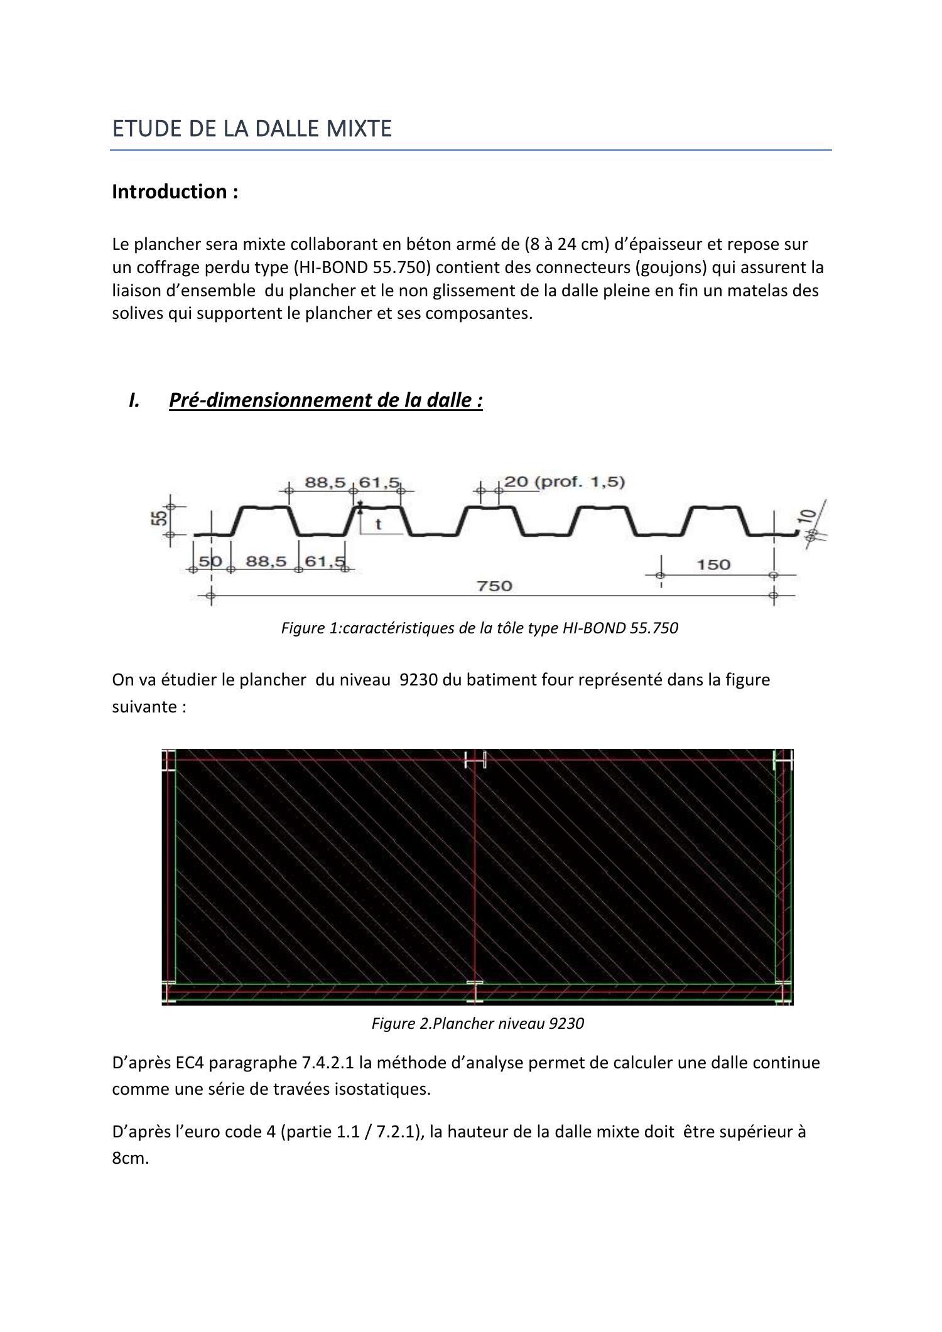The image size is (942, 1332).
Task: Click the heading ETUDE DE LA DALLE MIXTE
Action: [x=251, y=129]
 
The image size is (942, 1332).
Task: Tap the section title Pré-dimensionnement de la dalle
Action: [x=325, y=400]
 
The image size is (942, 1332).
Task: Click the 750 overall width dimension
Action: [x=494, y=586]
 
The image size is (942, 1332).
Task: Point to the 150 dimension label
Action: [x=713, y=564]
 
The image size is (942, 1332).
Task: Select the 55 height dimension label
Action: [x=161, y=518]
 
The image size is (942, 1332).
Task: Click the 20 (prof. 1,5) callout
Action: [x=564, y=482]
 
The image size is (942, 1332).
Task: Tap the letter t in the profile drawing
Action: [x=378, y=524]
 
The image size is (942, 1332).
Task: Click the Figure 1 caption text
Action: [x=479, y=628]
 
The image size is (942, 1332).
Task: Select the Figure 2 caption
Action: [x=477, y=1024]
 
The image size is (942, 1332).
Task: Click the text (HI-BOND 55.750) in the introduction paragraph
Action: [x=362, y=268]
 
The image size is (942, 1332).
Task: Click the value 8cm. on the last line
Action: [x=130, y=1158]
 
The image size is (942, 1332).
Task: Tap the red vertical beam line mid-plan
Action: [x=475, y=873]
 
